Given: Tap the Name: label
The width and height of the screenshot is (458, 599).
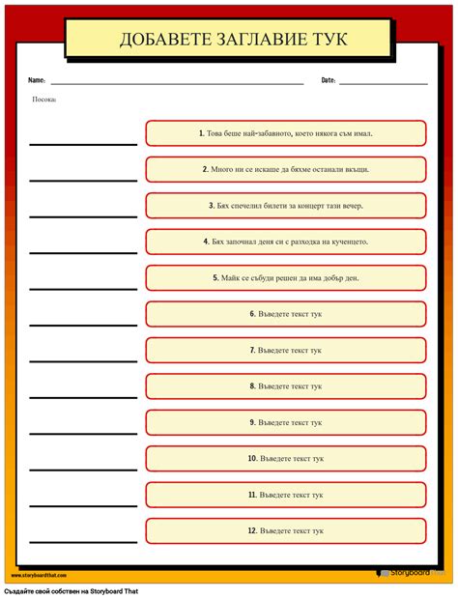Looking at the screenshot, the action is [37, 80].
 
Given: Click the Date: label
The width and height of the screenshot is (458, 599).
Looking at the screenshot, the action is [329, 80].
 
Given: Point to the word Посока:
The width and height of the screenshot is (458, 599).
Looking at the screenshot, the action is [44, 99].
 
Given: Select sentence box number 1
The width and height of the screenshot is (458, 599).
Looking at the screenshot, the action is [285, 133].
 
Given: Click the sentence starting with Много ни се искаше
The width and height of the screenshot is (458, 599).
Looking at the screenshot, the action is [285, 169].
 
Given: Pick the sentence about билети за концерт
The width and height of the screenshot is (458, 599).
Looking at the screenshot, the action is [285, 205].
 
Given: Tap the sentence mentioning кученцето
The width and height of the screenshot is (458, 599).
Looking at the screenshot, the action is [285, 242].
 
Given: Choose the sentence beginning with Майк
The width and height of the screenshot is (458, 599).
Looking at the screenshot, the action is [285, 277].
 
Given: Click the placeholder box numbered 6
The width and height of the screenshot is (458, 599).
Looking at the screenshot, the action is [285, 314].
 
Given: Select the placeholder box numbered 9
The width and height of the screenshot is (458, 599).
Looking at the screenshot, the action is [285, 422].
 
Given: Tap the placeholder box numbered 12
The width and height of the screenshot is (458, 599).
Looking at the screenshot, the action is [285, 530].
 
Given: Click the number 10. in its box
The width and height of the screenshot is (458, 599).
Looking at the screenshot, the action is [251, 458].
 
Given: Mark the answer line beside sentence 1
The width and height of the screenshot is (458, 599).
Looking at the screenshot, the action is [83, 143].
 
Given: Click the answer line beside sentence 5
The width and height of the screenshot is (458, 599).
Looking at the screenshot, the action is [83, 288].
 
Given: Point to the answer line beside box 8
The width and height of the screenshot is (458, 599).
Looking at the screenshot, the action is [83, 396].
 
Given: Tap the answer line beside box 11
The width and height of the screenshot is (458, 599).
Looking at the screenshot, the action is [83, 504].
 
